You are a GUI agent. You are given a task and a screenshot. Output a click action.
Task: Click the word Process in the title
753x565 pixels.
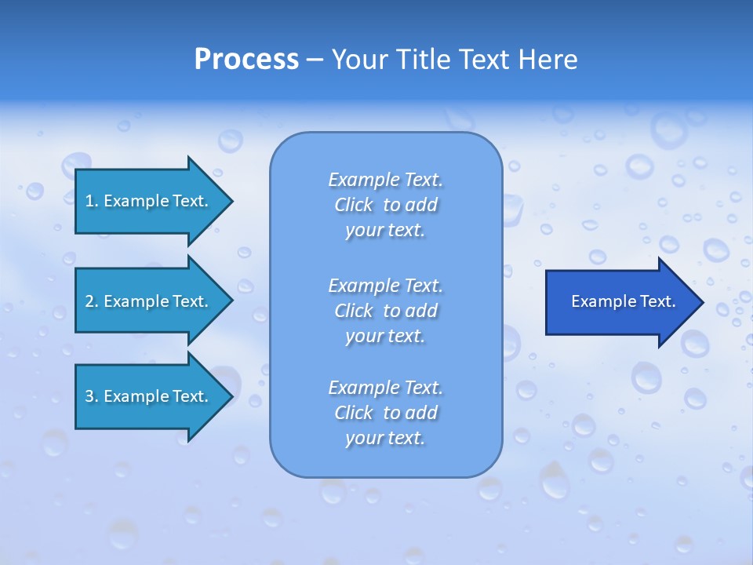(x=246, y=60)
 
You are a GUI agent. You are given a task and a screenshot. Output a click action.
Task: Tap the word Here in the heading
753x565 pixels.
(x=548, y=60)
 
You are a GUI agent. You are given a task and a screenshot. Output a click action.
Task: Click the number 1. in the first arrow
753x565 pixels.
(x=91, y=201)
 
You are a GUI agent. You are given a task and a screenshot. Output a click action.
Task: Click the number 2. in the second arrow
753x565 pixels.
(x=91, y=301)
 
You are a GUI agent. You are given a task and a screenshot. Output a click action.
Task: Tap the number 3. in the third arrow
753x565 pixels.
(x=91, y=396)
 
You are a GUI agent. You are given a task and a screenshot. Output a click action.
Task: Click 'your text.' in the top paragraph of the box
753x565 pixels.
(x=385, y=231)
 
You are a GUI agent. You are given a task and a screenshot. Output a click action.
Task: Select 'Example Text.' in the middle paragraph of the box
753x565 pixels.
(x=385, y=286)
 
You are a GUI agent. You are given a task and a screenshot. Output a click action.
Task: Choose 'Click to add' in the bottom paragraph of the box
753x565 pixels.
(x=385, y=413)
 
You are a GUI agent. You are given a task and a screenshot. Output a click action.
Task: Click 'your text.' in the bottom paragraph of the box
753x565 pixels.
(x=385, y=439)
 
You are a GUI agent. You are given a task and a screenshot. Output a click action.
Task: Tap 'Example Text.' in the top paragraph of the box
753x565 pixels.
(x=385, y=180)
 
